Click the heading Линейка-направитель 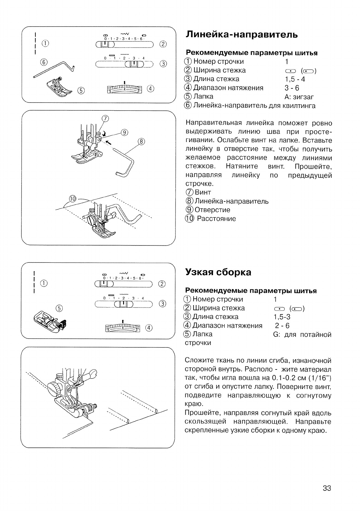click(x=241, y=34)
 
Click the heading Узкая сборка click(x=218, y=272)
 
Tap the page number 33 click(x=327, y=488)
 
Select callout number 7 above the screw click(x=105, y=119)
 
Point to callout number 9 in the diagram click(x=125, y=132)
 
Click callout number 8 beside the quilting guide click(x=141, y=141)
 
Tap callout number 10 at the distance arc click(x=73, y=199)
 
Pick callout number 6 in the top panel click(x=44, y=62)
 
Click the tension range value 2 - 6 click(x=282, y=326)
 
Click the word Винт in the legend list click(x=203, y=192)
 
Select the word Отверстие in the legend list click(x=212, y=210)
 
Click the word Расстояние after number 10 click(x=216, y=219)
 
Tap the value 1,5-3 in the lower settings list click(x=282, y=317)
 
